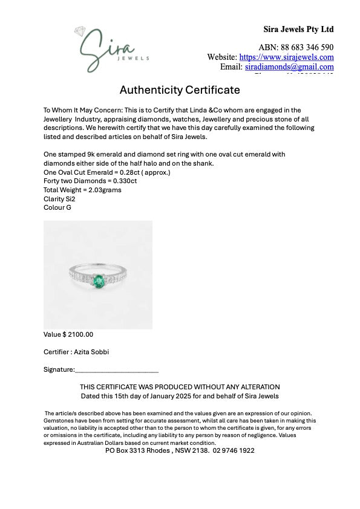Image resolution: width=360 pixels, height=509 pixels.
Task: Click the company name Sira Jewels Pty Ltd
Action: (x=298, y=29)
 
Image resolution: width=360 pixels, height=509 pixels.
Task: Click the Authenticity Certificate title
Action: (x=180, y=90)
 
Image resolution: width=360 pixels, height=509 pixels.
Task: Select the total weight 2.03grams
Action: (x=104, y=190)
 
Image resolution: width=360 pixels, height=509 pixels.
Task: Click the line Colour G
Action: (x=57, y=207)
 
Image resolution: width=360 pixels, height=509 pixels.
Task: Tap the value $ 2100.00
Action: (x=78, y=334)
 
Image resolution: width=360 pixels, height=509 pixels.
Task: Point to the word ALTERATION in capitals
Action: (x=258, y=387)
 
